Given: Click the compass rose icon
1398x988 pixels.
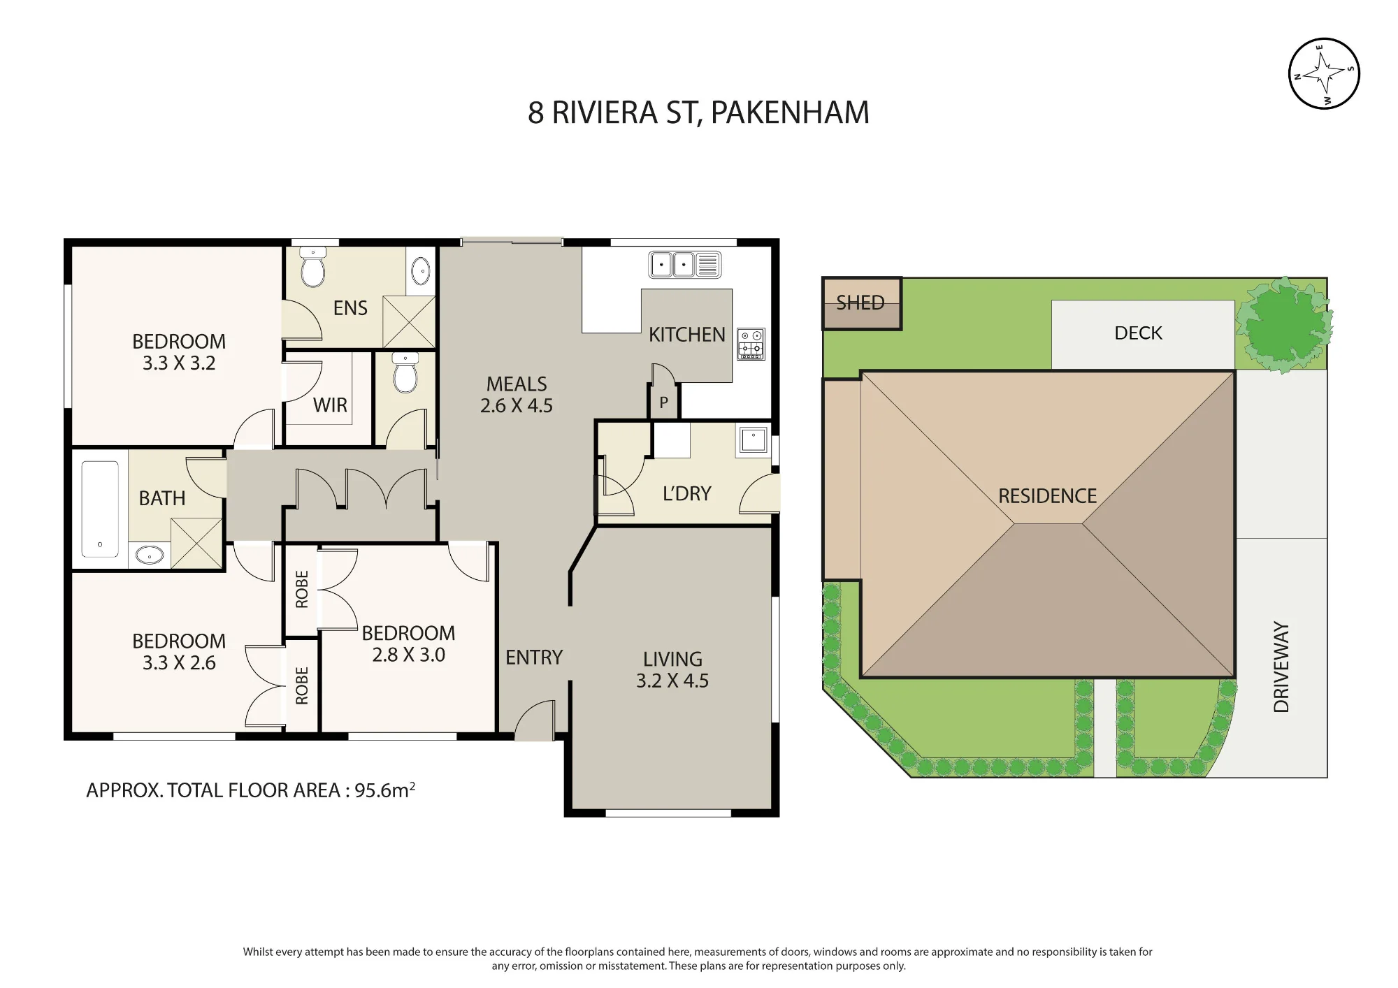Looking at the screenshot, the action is click(x=1323, y=73).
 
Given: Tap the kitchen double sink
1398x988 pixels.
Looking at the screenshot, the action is click(x=685, y=265).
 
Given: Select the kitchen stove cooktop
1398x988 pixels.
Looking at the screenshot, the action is click(x=751, y=344).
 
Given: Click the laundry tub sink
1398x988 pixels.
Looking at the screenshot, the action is click(x=753, y=441).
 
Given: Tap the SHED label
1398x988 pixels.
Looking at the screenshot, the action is click(x=860, y=303).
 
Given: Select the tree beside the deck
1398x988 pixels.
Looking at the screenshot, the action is click(x=1284, y=325).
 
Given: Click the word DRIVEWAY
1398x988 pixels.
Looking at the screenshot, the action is click(x=1281, y=667).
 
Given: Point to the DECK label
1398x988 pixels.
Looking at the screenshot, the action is click(x=1138, y=333).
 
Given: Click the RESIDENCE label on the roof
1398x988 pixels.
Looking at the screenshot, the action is click(x=1047, y=496).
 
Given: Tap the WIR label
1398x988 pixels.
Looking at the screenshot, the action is click(x=330, y=405).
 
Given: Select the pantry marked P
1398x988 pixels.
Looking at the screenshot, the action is click(x=663, y=402).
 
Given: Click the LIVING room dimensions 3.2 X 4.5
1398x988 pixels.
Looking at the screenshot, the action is click(x=672, y=681).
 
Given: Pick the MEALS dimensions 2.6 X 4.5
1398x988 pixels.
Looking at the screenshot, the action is click(x=517, y=405).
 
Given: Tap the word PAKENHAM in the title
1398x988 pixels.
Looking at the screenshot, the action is click(x=790, y=112).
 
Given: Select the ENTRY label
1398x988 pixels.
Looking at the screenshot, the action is click(x=534, y=658).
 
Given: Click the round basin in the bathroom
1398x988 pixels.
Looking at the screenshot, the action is click(x=149, y=555).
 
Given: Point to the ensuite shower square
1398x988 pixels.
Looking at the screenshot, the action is click(x=409, y=321).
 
